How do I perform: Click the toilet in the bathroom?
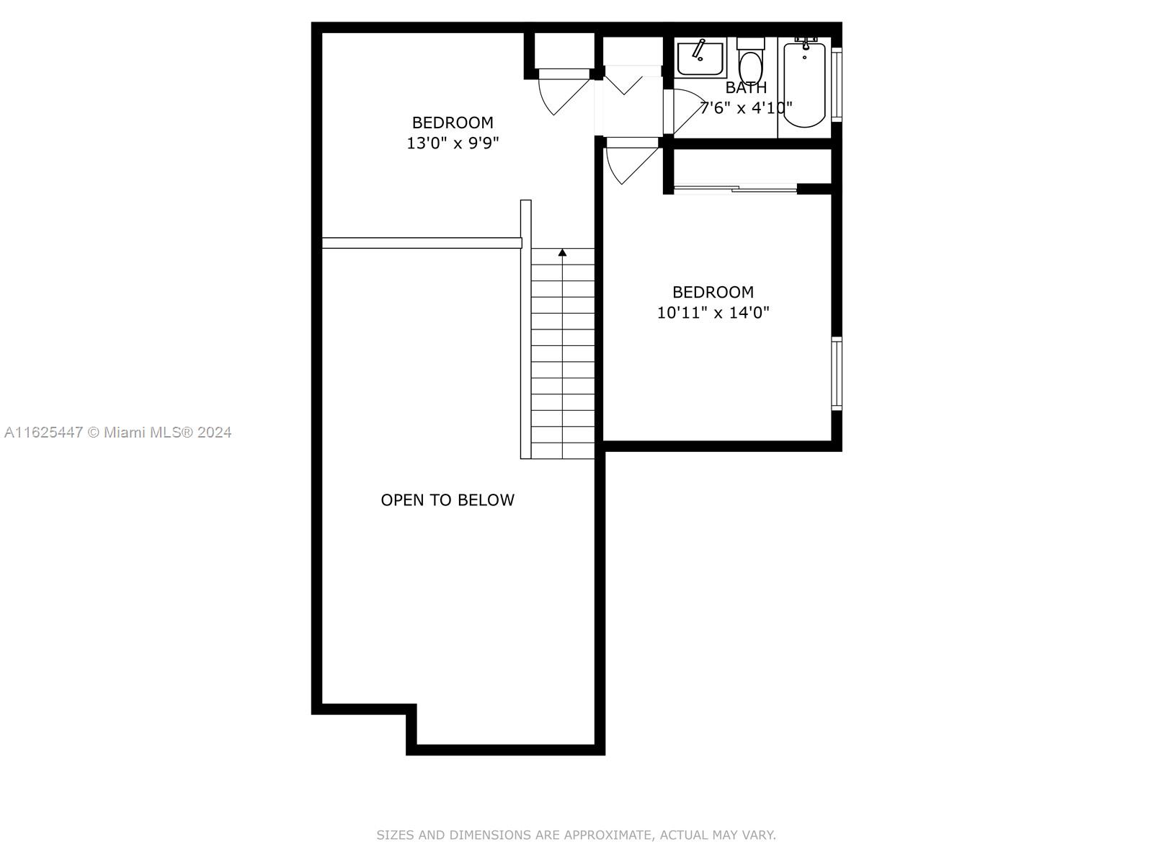(750, 61)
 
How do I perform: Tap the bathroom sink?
(699, 58)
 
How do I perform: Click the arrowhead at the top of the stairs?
(563, 252)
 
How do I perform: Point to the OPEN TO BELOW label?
(448, 500)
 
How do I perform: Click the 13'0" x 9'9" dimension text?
(453, 143)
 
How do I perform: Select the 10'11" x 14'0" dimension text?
(713, 313)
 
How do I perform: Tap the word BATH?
(746, 87)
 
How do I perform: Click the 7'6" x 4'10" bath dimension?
(746, 107)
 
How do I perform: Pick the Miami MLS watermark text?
(117, 432)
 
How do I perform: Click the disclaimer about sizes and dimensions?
(576, 835)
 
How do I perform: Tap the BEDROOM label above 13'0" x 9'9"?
(453, 123)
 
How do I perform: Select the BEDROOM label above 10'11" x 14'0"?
(713, 292)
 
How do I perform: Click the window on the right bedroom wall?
(836, 373)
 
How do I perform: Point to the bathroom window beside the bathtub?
(836, 84)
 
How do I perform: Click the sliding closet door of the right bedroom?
(736, 188)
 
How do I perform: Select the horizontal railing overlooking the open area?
(422, 243)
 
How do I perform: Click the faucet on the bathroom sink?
(698, 49)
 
